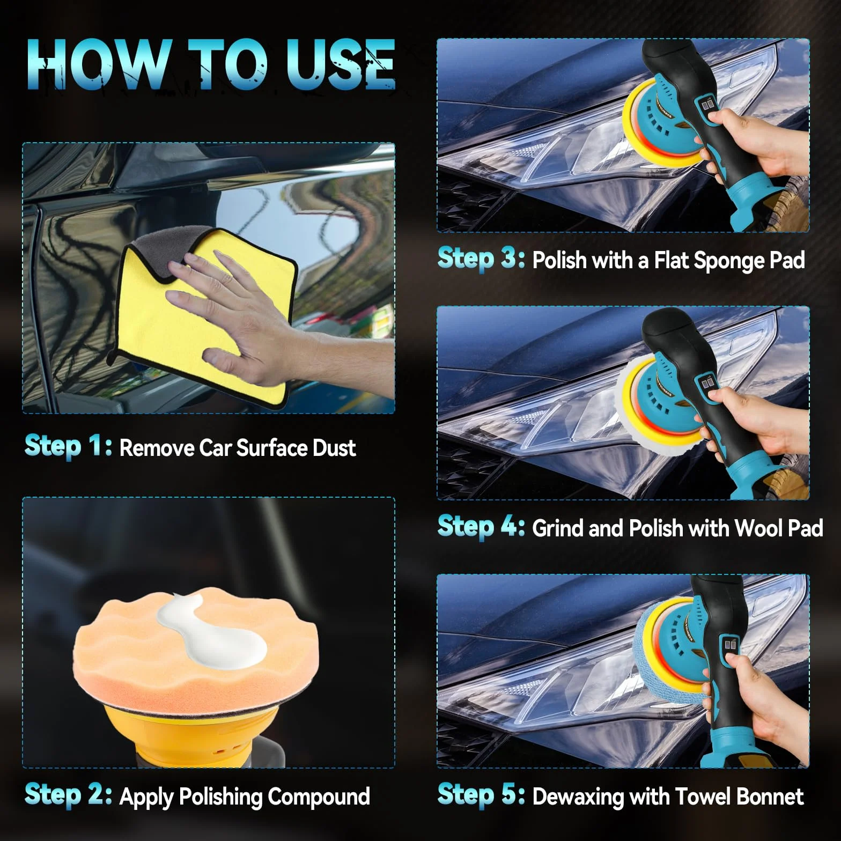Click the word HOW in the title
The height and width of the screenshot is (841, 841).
[98, 64]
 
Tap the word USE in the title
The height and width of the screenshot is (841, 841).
[340, 64]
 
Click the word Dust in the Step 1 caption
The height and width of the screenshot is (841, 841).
[334, 448]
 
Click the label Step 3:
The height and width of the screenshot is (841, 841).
[481, 259]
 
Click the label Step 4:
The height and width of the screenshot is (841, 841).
[481, 527]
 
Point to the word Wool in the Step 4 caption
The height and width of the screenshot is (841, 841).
[758, 528]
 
